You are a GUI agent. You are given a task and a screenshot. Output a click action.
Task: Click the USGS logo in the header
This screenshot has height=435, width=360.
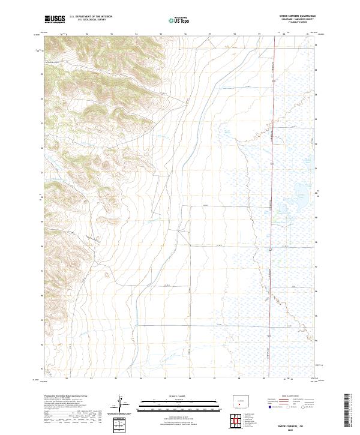55,20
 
